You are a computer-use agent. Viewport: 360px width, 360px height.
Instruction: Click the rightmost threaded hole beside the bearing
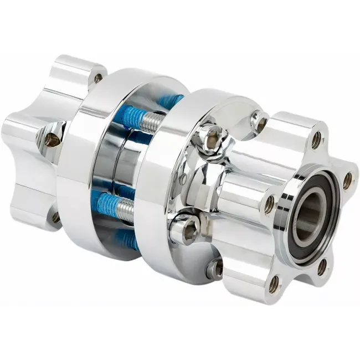pos(347,180)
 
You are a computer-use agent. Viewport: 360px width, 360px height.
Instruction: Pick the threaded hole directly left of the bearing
pos(269,205)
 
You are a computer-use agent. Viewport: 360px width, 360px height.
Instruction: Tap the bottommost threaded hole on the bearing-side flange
pos(274,285)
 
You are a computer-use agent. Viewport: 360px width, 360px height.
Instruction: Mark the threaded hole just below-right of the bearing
pos(322,268)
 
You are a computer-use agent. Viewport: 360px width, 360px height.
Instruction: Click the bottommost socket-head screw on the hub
pos(215,269)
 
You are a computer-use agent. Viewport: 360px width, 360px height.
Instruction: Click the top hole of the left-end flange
pos(99,78)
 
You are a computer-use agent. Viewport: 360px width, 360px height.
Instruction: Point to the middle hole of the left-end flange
pos(52,139)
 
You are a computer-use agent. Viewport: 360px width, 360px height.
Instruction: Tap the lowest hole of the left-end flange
pos(56,217)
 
